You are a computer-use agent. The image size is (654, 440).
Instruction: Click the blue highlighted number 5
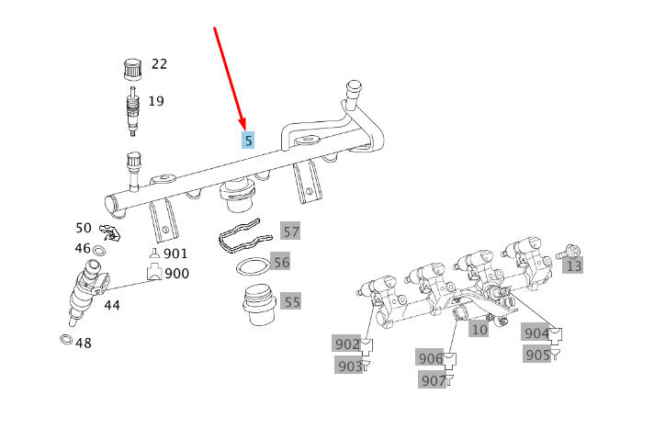(x=248, y=141)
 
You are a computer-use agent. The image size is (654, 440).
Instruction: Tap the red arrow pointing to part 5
(x=230, y=78)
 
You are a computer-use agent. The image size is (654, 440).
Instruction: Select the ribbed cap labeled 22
(x=133, y=69)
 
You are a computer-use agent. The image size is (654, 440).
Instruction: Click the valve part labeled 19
(x=132, y=111)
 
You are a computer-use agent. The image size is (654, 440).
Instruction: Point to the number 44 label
(x=112, y=305)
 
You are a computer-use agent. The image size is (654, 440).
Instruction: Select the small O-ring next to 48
(x=66, y=340)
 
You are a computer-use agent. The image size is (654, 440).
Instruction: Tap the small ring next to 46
(x=99, y=251)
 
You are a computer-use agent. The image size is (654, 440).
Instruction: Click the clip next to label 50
(x=109, y=232)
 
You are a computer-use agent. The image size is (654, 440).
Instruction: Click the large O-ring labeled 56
(x=254, y=266)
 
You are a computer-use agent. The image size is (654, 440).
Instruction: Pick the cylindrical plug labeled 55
(x=259, y=305)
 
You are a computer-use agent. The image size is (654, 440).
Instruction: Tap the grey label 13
(x=573, y=265)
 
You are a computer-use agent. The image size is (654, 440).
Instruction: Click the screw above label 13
(x=569, y=252)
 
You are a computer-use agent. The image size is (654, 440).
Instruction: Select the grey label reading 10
(x=479, y=330)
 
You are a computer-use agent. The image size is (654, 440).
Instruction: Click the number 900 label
(x=177, y=274)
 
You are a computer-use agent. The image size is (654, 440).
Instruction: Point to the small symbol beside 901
(x=154, y=253)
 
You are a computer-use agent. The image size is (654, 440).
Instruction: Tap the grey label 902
(x=346, y=344)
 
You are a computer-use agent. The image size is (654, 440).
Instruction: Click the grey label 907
(x=433, y=380)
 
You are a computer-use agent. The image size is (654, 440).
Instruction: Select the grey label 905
(x=537, y=355)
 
